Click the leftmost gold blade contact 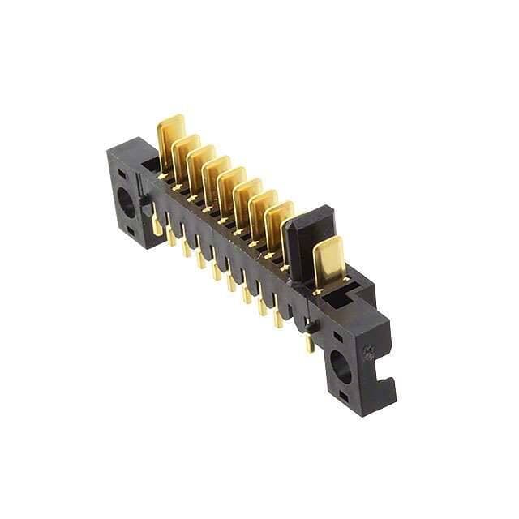click(x=171, y=135)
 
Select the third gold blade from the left click(x=200, y=162)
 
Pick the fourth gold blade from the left click(x=216, y=173)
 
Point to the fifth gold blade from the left click(x=231, y=184)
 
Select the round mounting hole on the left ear click(x=127, y=201)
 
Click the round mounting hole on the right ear click(x=341, y=367)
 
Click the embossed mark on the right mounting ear click(x=368, y=353)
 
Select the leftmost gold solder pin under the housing click(x=157, y=225)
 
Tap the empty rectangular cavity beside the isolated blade click(x=338, y=300)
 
